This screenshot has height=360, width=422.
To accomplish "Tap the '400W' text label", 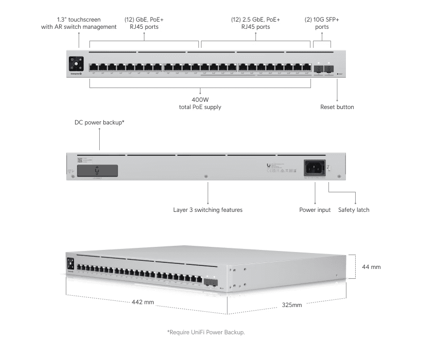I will point(200,99).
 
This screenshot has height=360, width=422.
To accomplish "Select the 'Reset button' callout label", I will point(337,107).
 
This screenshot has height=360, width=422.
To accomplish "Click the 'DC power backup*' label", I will point(100,122).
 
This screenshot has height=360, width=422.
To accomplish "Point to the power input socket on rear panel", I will point(315,168).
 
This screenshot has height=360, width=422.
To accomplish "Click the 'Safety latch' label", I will point(354,210).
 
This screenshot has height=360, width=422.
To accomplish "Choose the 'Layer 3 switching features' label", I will point(208,210).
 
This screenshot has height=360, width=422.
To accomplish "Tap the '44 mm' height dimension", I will point(371,267).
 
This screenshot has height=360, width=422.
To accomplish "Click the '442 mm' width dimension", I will point(143,302).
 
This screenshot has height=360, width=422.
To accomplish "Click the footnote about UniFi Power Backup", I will point(206,332).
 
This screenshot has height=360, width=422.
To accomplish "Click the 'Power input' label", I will point(315,210).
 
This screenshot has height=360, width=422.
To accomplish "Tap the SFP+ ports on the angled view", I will point(210,281).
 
